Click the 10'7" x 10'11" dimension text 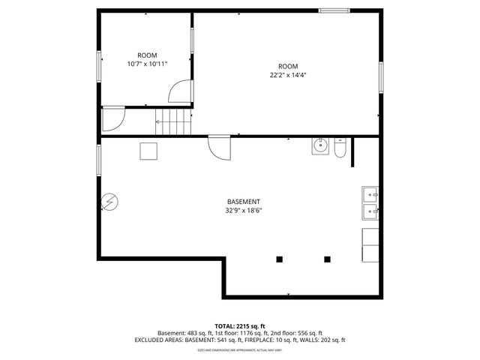pyautogui.click(x=146, y=64)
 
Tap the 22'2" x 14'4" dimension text pyautogui.click(x=288, y=75)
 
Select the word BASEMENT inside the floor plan pyautogui.click(x=244, y=202)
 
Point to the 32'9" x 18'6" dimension pyautogui.click(x=244, y=211)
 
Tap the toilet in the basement pyautogui.click(x=340, y=149)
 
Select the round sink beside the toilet pyautogui.click(x=320, y=145)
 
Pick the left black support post pyautogui.click(x=280, y=259)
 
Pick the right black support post pyautogui.click(x=327, y=259)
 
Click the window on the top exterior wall pyautogui.click(x=333, y=10)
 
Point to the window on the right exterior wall pyautogui.click(x=381, y=78)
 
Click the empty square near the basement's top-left pyautogui.click(x=148, y=151)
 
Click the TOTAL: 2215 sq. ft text pyautogui.click(x=239, y=325)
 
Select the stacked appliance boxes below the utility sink pyautogui.click(x=370, y=245)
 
